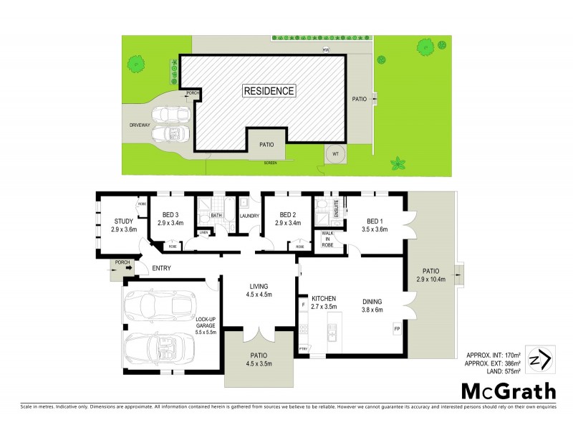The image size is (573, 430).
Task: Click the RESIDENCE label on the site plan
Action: point(269,91)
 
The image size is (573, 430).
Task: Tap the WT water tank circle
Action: point(334,153)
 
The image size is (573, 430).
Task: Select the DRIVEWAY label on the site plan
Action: point(140,125)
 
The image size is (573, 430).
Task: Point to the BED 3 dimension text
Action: point(170,222)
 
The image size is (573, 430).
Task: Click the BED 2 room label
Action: point(287,215)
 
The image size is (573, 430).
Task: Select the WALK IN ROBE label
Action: point(328,239)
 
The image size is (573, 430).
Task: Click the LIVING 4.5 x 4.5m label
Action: point(258,290)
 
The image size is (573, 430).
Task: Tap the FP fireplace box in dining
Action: point(396,329)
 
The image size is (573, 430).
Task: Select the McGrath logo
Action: point(507,391)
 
